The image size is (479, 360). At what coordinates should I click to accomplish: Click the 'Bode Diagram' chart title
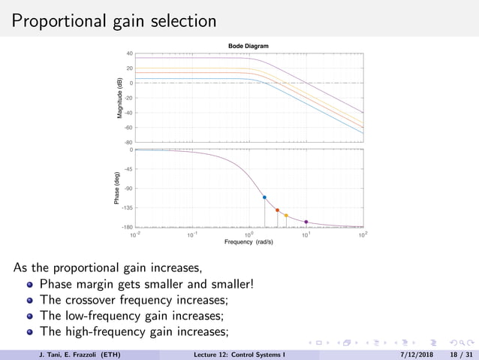[248, 47]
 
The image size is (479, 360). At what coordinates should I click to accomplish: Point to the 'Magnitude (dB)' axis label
[119, 98]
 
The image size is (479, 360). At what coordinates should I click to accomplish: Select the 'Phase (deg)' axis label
[117, 189]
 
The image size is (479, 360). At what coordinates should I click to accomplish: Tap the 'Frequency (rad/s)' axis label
[248, 242]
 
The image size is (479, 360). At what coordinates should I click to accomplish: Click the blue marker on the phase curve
[264, 197]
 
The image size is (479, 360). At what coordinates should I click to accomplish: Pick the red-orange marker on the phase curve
[277, 210]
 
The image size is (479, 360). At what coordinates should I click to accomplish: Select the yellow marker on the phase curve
[286, 216]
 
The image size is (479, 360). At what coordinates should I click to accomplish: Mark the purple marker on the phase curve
[306, 222]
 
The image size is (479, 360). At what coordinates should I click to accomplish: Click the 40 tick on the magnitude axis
[129, 54]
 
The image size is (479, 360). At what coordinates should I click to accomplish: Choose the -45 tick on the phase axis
[128, 169]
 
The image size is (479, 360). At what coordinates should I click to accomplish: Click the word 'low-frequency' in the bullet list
[99, 316]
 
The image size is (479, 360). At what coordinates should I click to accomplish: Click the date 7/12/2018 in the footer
[408, 354]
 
